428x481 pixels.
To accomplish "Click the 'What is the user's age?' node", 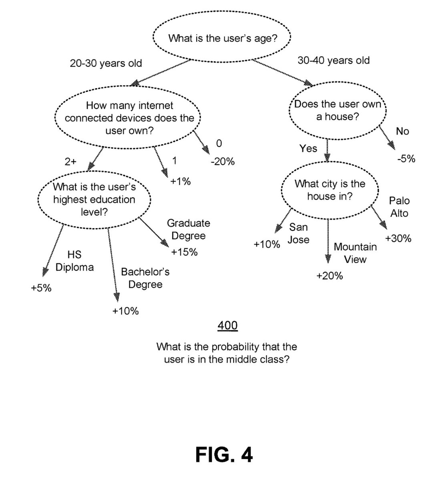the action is tap(222, 37).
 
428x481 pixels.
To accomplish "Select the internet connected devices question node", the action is tap(128, 117).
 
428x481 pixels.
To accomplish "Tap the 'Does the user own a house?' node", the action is tap(338, 111).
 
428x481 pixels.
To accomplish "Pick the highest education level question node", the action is tap(94, 200).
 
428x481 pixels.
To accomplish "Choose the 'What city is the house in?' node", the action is tap(330, 190).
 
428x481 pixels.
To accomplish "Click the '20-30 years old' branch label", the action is tap(106, 63).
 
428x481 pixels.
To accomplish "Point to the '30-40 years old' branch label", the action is tap(334, 61).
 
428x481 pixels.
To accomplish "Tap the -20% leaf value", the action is tap(223, 162).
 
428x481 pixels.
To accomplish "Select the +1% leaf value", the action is tap(181, 182).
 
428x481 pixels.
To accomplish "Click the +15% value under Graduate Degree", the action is tap(184, 252).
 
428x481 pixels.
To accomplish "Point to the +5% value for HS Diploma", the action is tap(41, 288).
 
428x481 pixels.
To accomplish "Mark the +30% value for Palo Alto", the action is tap(398, 238).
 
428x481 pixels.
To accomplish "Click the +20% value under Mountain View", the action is tap(330, 276).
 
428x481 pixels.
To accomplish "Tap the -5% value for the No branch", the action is tap(406, 159).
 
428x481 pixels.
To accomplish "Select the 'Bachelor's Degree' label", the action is tap(145, 278).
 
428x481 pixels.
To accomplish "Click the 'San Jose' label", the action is tap(299, 233).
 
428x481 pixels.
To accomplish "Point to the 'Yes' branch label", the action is tap(308, 148).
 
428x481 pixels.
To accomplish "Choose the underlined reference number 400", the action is tap(227, 325).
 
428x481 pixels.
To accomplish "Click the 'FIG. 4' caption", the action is tap(224, 455).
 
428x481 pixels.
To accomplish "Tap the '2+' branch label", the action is tap(70, 162).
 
